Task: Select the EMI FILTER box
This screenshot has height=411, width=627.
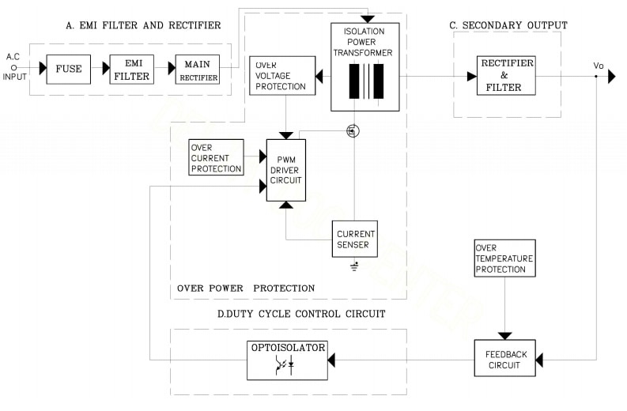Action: point(132,69)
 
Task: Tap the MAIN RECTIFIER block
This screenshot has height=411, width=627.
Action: point(197,69)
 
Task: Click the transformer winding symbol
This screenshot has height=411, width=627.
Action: point(365,82)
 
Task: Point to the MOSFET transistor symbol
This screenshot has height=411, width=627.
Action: point(353,131)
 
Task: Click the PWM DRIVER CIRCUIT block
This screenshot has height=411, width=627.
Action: point(285,169)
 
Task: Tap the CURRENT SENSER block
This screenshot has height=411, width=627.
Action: point(355,239)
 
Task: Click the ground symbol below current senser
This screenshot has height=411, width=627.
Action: point(354,266)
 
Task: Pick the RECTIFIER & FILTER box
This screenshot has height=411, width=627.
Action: point(506,76)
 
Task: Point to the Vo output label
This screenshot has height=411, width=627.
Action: point(599,66)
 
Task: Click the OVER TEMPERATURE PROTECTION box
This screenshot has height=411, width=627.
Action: point(504,258)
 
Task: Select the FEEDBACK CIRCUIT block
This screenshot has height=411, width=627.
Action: point(504,360)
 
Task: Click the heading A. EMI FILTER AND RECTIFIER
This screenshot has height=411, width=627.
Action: point(143,25)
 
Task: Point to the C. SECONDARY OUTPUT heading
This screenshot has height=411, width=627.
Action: point(508,25)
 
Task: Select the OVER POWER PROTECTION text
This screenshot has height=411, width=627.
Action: point(246,288)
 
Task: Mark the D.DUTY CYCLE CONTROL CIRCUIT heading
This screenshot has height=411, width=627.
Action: point(301,314)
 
